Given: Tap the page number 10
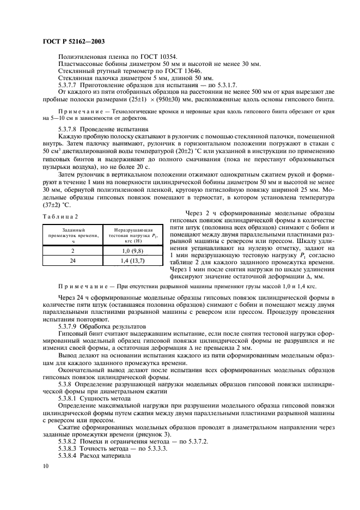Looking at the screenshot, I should pyautogui.click(x=45, y=466).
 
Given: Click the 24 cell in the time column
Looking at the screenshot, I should pyautogui.click(x=72, y=262).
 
